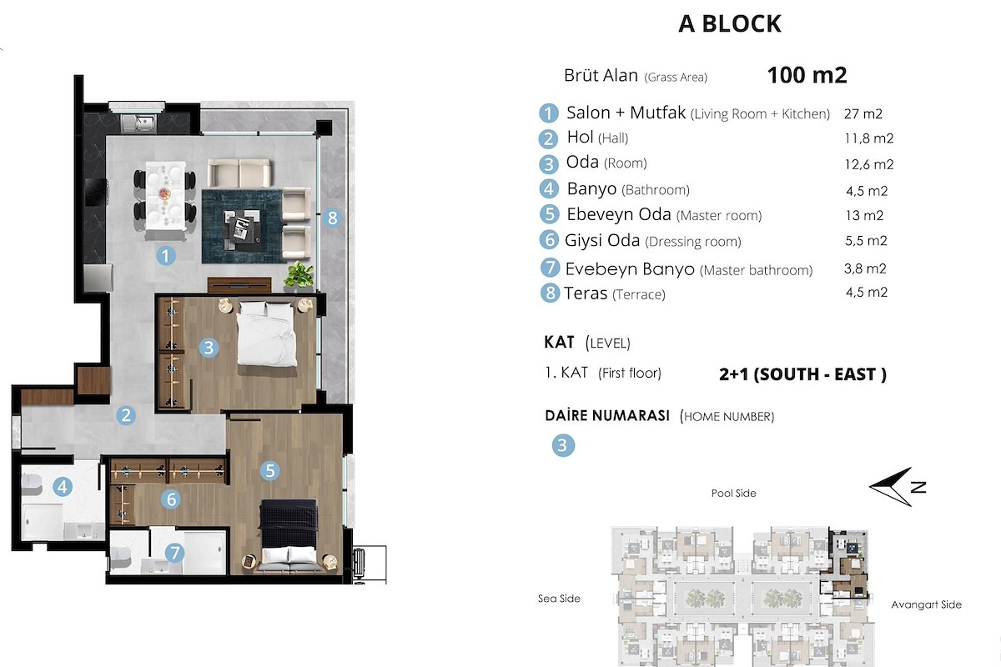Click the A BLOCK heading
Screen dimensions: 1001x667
point(730,23)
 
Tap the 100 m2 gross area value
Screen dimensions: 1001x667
point(807,75)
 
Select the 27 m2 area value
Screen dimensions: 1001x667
point(863,114)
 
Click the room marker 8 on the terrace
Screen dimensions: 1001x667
point(333,218)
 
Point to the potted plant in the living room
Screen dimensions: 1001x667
point(299,273)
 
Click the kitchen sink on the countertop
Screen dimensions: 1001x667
point(139,123)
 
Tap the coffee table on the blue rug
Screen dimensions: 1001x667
point(242,228)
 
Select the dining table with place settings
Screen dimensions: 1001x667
point(165,196)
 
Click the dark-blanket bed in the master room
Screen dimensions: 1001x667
point(289,536)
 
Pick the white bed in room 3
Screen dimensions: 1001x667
point(267,333)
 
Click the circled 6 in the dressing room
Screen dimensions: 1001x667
point(171,499)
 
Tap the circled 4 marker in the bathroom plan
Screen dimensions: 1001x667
point(63,487)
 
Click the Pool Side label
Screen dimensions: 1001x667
point(733,494)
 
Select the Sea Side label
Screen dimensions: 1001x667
point(559,598)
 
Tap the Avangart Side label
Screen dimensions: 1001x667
point(926,604)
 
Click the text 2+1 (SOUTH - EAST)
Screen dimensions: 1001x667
point(802,374)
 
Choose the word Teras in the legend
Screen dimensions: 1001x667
point(586,293)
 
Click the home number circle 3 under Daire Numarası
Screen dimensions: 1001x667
point(562,445)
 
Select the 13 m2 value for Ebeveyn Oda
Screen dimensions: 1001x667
point(864,216)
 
